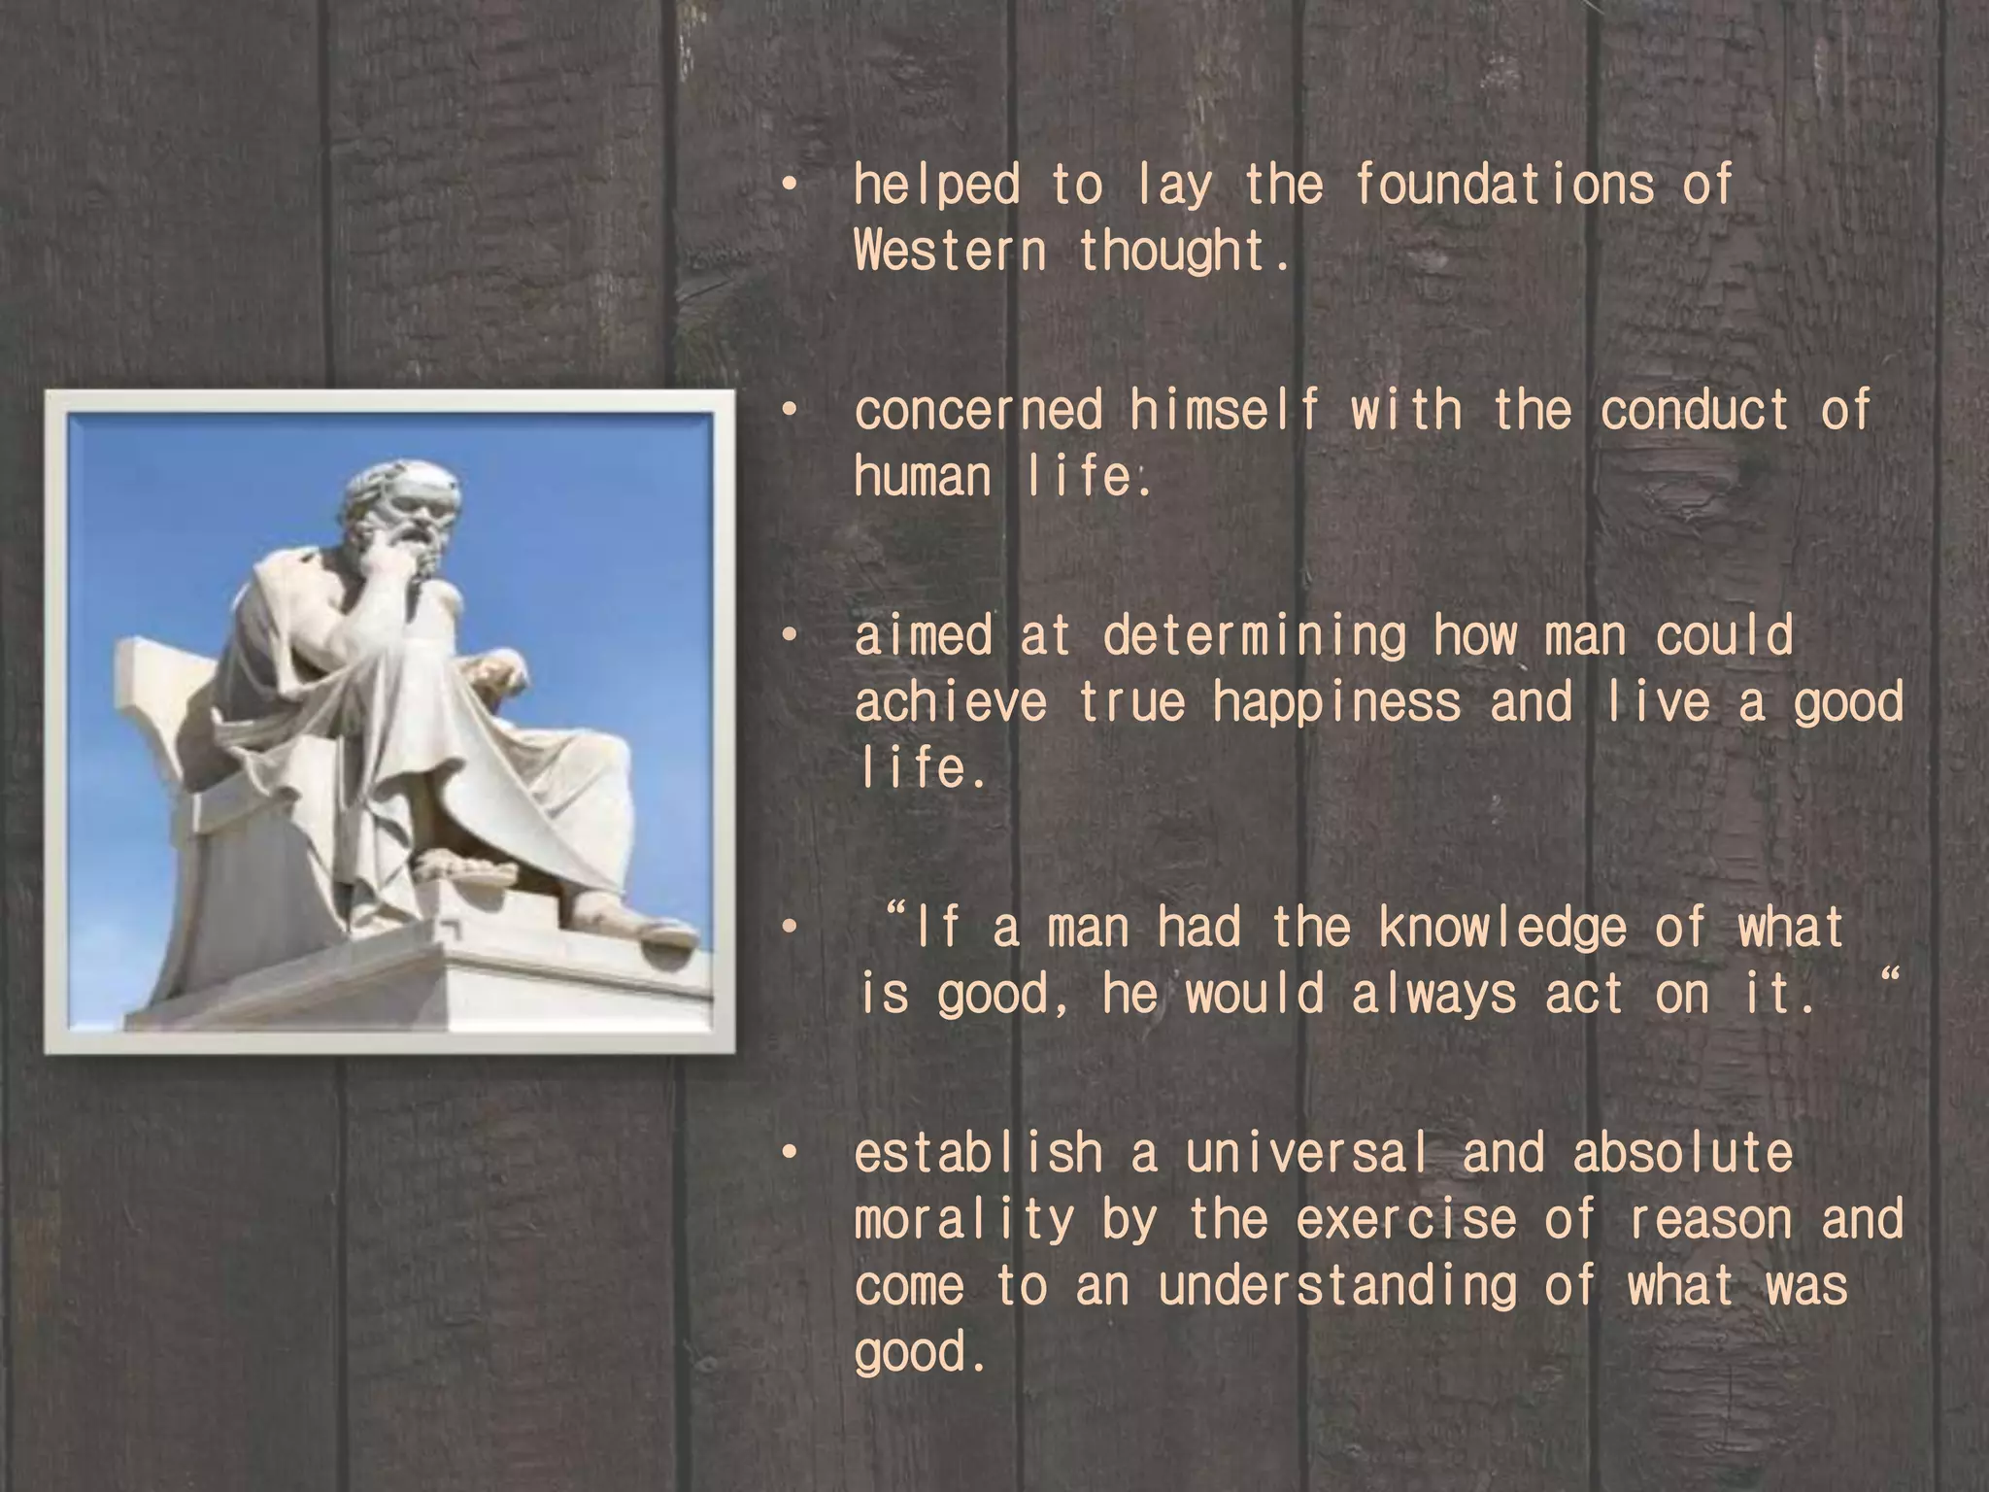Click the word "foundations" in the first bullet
(x=1503, y=185)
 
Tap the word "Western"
(x=950, y=252)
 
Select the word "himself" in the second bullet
(x=1225, y=410)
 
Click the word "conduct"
(x=1694, y=410)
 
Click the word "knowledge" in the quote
(x=1501, y=929)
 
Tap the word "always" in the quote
(x=1433, y=995)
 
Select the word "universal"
(x=1307, y=1154)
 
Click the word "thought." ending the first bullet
(x=1184, y=252)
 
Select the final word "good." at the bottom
(x=920, y=1352)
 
